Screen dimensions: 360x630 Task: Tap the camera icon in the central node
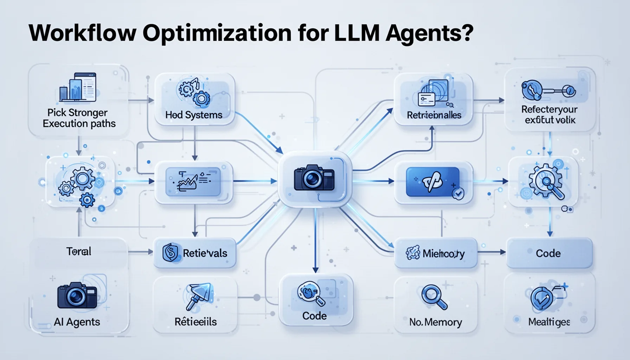point(314,178)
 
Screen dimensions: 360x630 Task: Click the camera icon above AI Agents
point(77,295)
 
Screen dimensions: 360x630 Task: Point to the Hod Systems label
point(194,115)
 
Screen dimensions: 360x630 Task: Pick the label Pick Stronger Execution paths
point(79,118)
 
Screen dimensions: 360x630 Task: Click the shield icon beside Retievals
point(170,253)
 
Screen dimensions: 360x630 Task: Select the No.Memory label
point(435,322)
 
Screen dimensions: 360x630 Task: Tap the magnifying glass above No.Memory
point(434,297)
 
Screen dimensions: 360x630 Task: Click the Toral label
point(79,251)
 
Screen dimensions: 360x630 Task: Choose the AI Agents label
point(77,322)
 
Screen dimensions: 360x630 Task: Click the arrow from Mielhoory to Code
point(491,252)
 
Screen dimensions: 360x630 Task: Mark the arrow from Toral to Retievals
point(140,252)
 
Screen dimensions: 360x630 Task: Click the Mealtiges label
point(549,322)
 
